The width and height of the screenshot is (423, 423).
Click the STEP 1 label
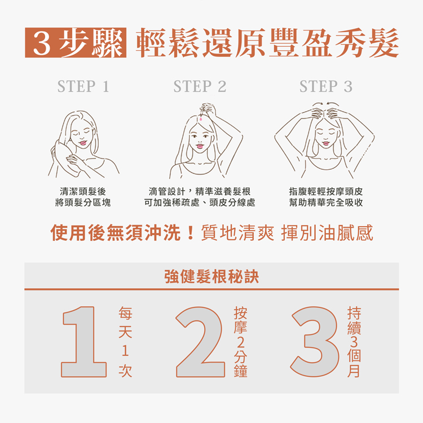click(x=83, y=86)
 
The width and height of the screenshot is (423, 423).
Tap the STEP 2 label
click(x=200, y=86)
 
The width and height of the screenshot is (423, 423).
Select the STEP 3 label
click(x=326, y=86)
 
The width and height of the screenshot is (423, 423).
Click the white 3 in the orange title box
click(x=42, y=43)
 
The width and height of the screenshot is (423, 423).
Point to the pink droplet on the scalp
click(x=201, y=118)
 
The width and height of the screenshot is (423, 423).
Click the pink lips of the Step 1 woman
click(x=82, y=143)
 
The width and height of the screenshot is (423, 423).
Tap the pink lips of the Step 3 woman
click(x=326, y=143)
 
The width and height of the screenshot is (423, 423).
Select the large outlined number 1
click(x=83, y=342)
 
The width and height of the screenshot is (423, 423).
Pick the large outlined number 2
click(x=200, y=342)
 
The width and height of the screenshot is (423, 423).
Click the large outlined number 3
click(x=315, y=342)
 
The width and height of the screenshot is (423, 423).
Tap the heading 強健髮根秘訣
click(x=211, y=276)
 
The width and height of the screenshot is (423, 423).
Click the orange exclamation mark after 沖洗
click(x=191, y=233)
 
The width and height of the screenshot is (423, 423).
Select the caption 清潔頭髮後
click(x=83, y=192)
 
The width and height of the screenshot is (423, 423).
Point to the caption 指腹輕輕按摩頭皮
click(x=326, y=192)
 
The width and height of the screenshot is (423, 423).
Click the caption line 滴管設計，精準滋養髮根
click(x=200, y=192)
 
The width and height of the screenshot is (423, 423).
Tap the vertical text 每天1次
click(x=125, y=342)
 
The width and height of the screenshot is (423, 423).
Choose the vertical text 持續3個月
click(x=354, y=342)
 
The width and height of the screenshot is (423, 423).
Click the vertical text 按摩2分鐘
click(x=240, y=342)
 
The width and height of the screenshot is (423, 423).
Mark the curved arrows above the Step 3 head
click(x=325, y=104)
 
